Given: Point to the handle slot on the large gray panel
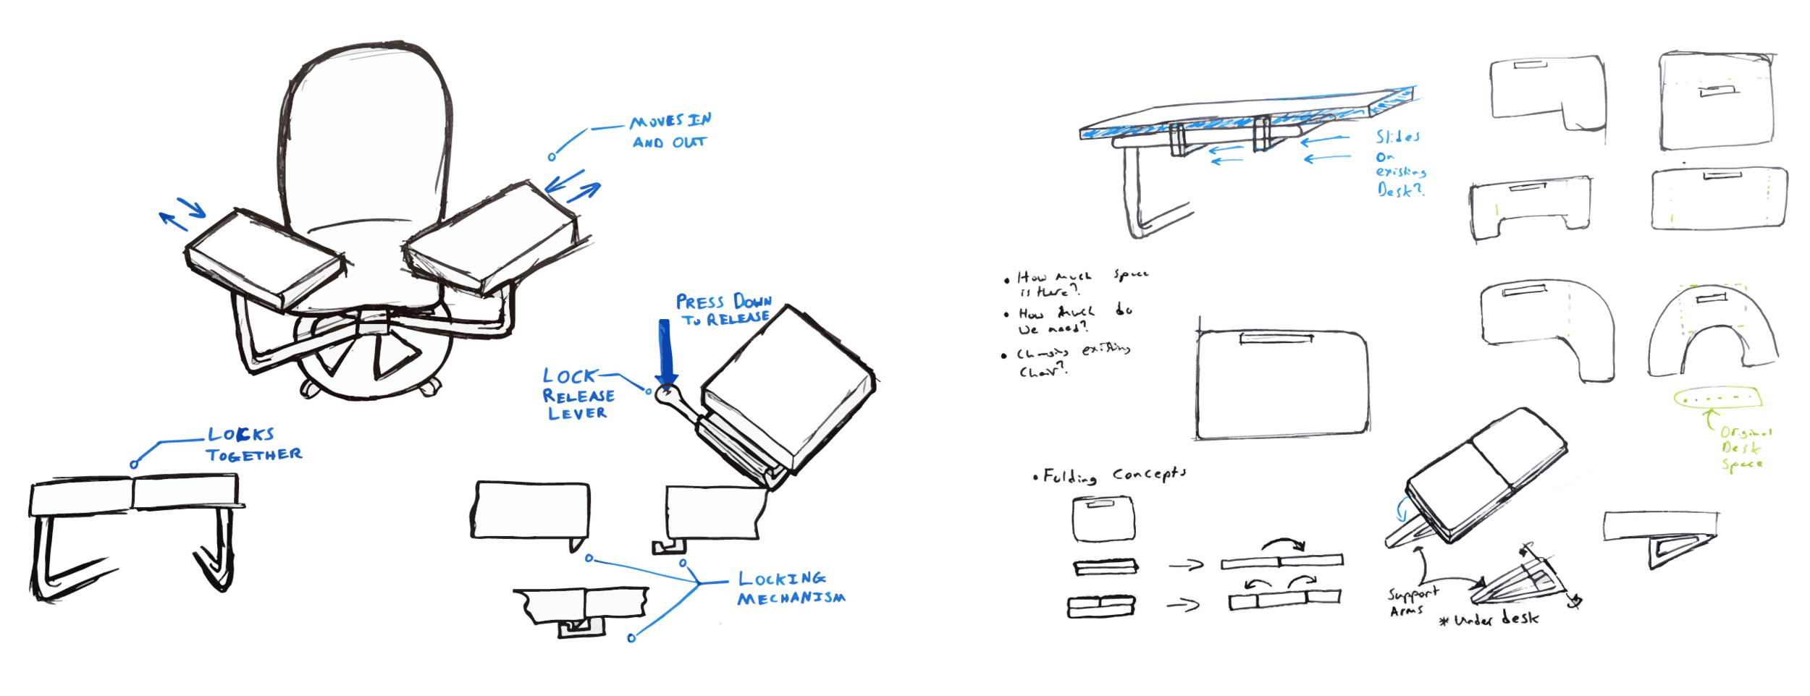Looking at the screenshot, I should tap(1274, 338).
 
